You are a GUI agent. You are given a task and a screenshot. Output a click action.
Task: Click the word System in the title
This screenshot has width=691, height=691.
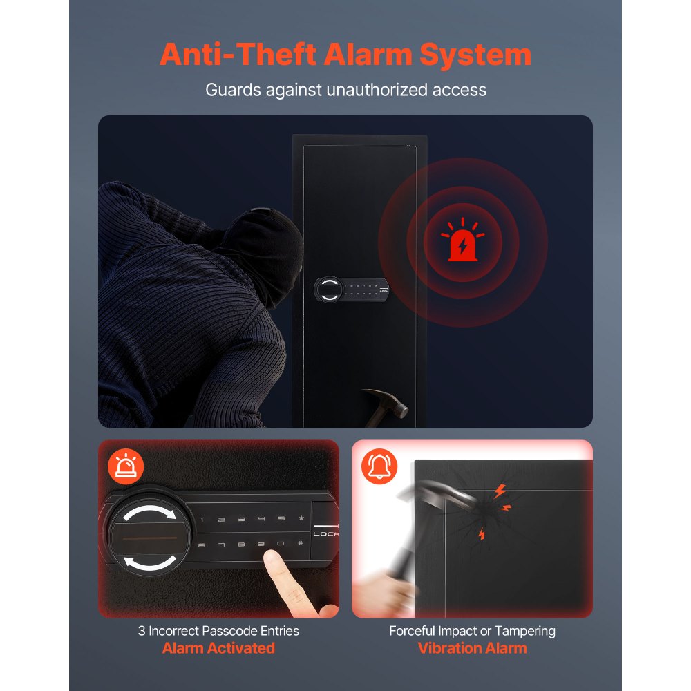point(475,55)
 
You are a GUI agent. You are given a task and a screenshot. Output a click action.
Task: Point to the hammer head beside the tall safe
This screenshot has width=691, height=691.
point(390,401)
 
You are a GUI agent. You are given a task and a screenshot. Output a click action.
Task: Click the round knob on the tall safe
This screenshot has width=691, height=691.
point(329,290)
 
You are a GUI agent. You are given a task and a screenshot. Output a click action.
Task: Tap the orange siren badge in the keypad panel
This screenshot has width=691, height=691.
point(126,466)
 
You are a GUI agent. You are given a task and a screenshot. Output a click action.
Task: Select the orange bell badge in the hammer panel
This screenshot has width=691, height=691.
point(379,466)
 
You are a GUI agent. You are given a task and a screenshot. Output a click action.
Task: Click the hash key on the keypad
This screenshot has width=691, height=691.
point(301,543)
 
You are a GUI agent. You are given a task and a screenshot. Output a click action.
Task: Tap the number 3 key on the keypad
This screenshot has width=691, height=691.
point(241,519)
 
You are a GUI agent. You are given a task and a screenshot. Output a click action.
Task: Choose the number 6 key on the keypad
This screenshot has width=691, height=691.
point(201,545)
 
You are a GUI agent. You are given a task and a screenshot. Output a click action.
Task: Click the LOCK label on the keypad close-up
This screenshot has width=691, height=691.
point(326,534)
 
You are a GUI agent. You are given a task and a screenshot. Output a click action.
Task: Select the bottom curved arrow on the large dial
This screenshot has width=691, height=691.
point(150,564)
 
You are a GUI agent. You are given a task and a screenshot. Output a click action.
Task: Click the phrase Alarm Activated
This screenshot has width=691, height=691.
point(218,648)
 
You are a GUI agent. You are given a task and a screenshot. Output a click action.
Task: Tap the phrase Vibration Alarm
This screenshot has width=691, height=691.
point(473,648)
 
